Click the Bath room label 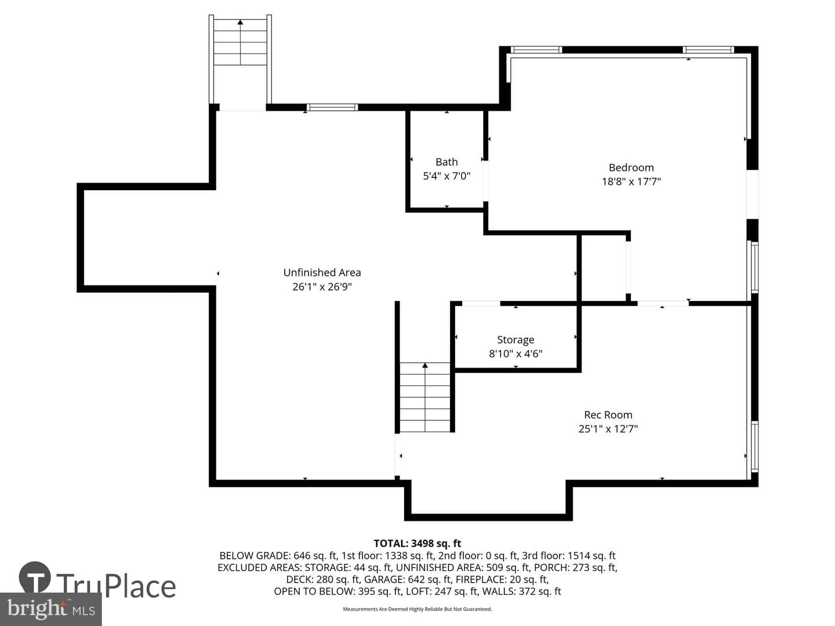point(446,162)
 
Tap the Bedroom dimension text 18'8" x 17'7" point(631,181)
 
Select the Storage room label point(515,340)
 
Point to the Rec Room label point(608,414)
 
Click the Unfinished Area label point(322,272)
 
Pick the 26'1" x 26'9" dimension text point(322,286)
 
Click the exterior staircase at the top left point(240,42)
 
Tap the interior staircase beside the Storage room point(425,397)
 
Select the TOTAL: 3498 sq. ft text point(418,544)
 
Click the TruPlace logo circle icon point(35,577)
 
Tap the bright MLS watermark point(50,609)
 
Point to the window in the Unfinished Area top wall point(332,107)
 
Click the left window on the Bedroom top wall point(536,50)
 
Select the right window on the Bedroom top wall point(709,50)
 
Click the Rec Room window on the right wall point(754,447)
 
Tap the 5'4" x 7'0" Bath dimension point(446,176)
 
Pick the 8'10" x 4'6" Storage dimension point(515,354)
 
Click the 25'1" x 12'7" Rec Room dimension point(608,429)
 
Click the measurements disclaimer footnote point(418,609)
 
